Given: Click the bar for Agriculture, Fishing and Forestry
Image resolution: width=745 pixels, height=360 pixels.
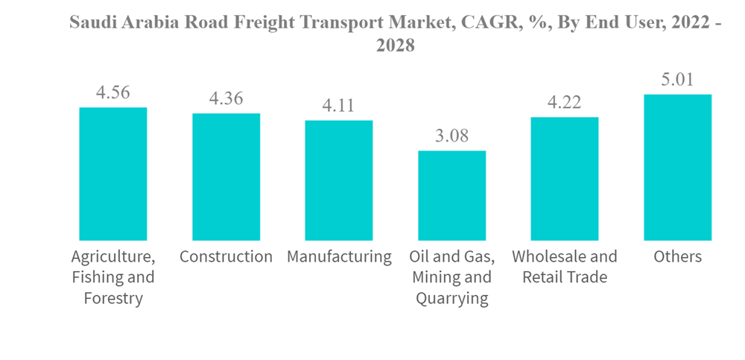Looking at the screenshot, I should (113, 174).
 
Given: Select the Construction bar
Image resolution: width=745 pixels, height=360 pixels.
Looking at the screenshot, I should (226, 177).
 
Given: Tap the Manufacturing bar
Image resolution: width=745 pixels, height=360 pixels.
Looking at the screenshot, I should (339, 180).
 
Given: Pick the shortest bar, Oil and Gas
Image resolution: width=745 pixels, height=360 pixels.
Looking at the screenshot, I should (451, 195).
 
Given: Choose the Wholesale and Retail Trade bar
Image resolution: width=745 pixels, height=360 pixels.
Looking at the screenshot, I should (565, 178).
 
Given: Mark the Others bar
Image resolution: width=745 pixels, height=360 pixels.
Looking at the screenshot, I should (677, 167).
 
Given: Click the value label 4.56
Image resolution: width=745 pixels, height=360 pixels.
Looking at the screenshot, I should (113, 92).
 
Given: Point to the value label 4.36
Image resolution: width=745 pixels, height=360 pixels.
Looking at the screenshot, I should (226, 98).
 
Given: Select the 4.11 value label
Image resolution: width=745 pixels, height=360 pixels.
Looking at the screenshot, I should (339, 106).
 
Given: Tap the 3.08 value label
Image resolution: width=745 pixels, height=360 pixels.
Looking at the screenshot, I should (451, 136).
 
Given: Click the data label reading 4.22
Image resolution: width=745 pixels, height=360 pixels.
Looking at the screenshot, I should (565, 102).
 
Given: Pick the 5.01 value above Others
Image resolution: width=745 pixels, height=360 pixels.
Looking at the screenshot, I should (677, 80).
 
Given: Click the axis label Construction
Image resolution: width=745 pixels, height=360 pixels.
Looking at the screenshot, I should (226, 257).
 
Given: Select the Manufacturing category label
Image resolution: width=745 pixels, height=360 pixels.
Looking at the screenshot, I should (339, 257).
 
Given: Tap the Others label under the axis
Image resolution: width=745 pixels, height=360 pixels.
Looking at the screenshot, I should (677, 257).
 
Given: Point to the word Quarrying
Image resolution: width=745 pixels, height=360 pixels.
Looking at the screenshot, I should (451, 299).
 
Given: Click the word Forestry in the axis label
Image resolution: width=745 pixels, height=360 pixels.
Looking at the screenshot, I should (113, 299).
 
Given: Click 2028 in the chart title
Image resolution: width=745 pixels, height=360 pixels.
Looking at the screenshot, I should (395, 45).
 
